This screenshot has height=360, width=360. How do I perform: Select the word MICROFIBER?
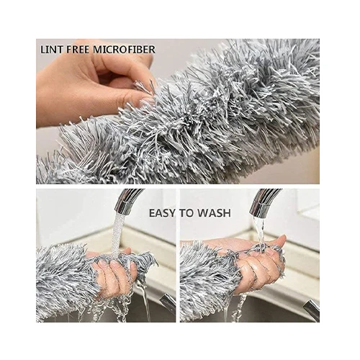[x=124, y=50]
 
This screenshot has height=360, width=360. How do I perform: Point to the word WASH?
[x=214, y=213]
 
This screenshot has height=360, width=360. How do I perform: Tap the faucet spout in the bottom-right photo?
[x=264, y=202]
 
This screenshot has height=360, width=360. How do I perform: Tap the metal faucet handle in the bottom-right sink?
[x=312, y=310]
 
